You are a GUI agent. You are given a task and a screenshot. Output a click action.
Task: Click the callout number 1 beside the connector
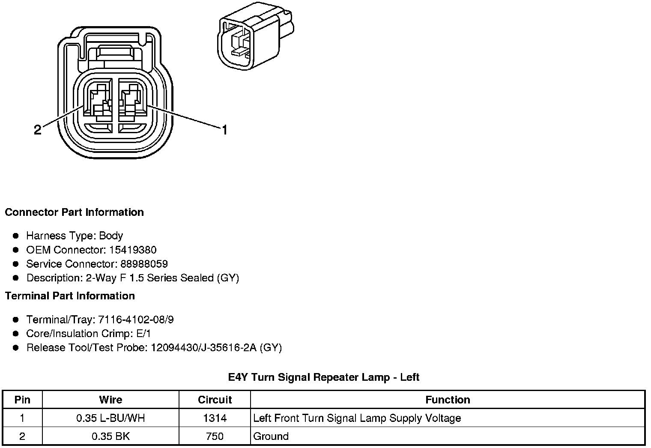pos(224,130)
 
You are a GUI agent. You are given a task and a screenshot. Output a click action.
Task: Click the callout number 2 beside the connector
pos(38,130)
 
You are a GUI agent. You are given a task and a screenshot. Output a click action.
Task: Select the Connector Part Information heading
pos(74,212)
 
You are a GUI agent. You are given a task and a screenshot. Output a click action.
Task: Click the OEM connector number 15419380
pos(133,250)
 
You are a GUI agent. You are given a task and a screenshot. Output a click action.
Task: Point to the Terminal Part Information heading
pos(70,296)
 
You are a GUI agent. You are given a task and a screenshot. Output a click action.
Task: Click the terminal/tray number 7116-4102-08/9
pos(136,320)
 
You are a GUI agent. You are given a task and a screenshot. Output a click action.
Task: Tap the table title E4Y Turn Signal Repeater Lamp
pos(323,377)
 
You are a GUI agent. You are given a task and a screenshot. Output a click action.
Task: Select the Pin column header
pos(22,400)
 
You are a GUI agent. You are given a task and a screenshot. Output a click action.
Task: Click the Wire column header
pos(110,400)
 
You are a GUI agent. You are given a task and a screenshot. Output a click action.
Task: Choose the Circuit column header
pos(215,400)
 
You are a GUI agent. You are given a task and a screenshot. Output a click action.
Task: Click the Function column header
pos(448,400)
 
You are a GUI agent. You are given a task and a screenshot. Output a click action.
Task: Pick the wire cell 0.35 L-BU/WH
pos(110,418)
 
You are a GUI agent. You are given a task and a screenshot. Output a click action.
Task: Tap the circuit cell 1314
pos(215,418)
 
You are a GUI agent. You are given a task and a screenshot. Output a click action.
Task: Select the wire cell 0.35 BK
pos(110,436)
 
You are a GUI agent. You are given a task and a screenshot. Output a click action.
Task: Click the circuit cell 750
pos(215,436)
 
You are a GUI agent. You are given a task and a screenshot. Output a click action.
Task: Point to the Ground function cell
pos(271,436)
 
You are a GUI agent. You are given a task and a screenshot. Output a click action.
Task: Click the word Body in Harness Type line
pos(111,236)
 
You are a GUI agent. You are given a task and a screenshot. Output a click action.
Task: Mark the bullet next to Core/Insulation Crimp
pos(16,334)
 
